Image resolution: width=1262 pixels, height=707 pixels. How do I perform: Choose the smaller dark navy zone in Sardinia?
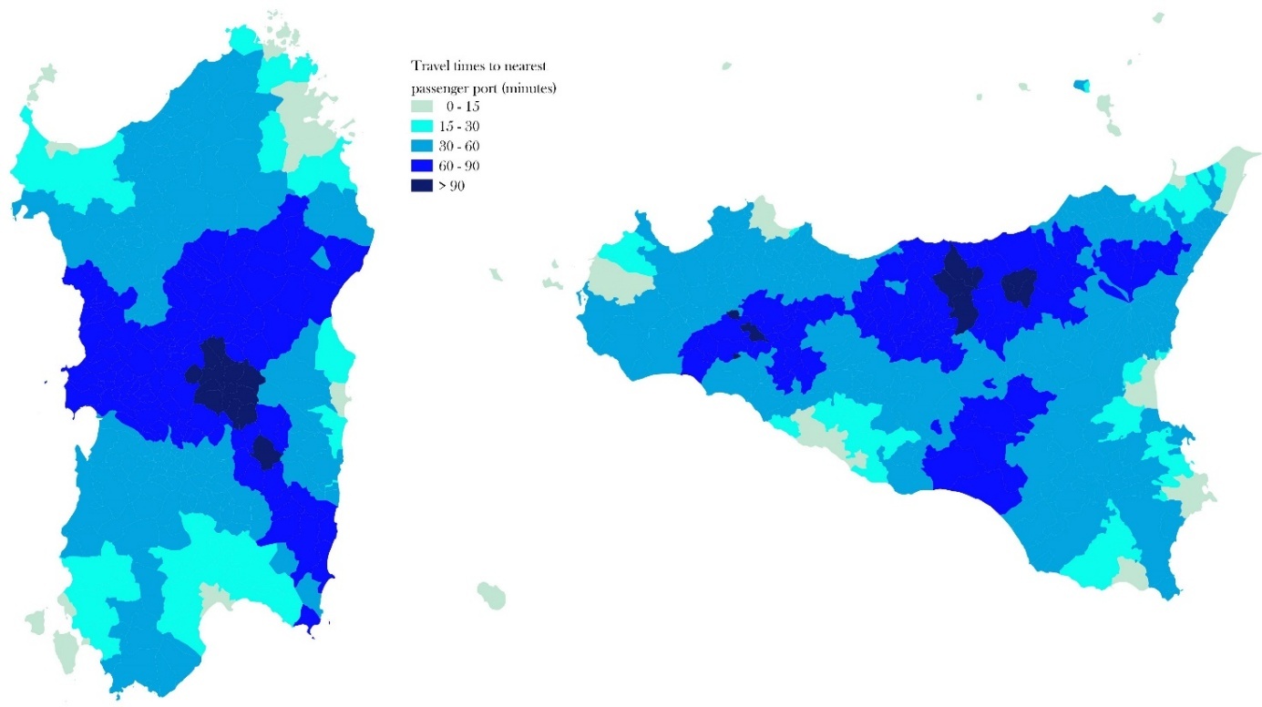(x=265, y=451)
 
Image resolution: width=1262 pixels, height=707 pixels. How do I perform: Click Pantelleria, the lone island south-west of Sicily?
(x=491, y=595)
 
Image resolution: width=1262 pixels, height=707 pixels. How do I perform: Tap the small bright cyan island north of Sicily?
(x=1082, y=87)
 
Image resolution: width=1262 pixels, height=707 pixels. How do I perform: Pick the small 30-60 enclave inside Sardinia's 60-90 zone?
(x=320, y=259)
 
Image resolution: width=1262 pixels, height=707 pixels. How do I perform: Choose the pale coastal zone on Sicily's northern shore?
(x=764, y=219)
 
